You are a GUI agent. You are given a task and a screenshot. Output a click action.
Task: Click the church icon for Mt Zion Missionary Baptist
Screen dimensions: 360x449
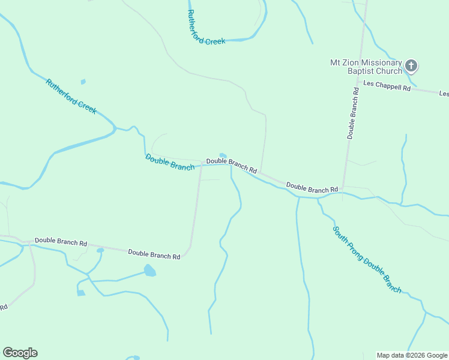click(x=411, y=65)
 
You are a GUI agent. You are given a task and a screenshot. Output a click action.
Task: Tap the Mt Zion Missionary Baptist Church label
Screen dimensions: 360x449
click(x=366, y=67)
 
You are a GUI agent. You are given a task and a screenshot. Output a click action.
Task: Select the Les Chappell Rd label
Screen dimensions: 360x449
click(x=387, y=87)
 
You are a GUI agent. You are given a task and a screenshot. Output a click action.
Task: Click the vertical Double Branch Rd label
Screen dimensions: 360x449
click(x=354, y=113)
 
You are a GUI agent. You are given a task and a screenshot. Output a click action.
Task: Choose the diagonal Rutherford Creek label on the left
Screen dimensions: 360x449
click(x=71, y=97)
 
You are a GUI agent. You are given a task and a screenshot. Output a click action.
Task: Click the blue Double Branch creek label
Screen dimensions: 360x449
click(x=170, y=162)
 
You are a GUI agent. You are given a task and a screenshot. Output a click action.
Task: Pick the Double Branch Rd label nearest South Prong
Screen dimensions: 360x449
click(x=312, y=187)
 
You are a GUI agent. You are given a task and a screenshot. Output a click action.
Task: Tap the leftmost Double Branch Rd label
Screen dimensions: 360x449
click(x=61, y=242)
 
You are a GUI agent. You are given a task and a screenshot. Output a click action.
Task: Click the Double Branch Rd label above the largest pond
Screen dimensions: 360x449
click(x=154, y=254)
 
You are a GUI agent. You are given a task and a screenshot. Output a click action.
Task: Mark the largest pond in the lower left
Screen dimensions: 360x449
click(x=149, y=271)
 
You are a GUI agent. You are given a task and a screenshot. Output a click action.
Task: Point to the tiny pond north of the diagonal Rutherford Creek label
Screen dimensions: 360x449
click(x=83, y=82)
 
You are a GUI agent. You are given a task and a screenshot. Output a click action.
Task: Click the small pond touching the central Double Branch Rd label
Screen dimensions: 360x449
click(x=223, y=155)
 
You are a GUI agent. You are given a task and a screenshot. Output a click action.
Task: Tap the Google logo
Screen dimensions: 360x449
click(x=20, y=353)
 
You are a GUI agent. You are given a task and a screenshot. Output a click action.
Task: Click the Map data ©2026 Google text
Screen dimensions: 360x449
click(x=412, y=355)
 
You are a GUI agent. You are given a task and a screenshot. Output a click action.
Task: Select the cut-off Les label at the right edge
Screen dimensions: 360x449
click(x=444, y=94)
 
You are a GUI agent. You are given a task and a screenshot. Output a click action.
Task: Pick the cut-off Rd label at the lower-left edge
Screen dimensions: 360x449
click(x=3, y=307)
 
